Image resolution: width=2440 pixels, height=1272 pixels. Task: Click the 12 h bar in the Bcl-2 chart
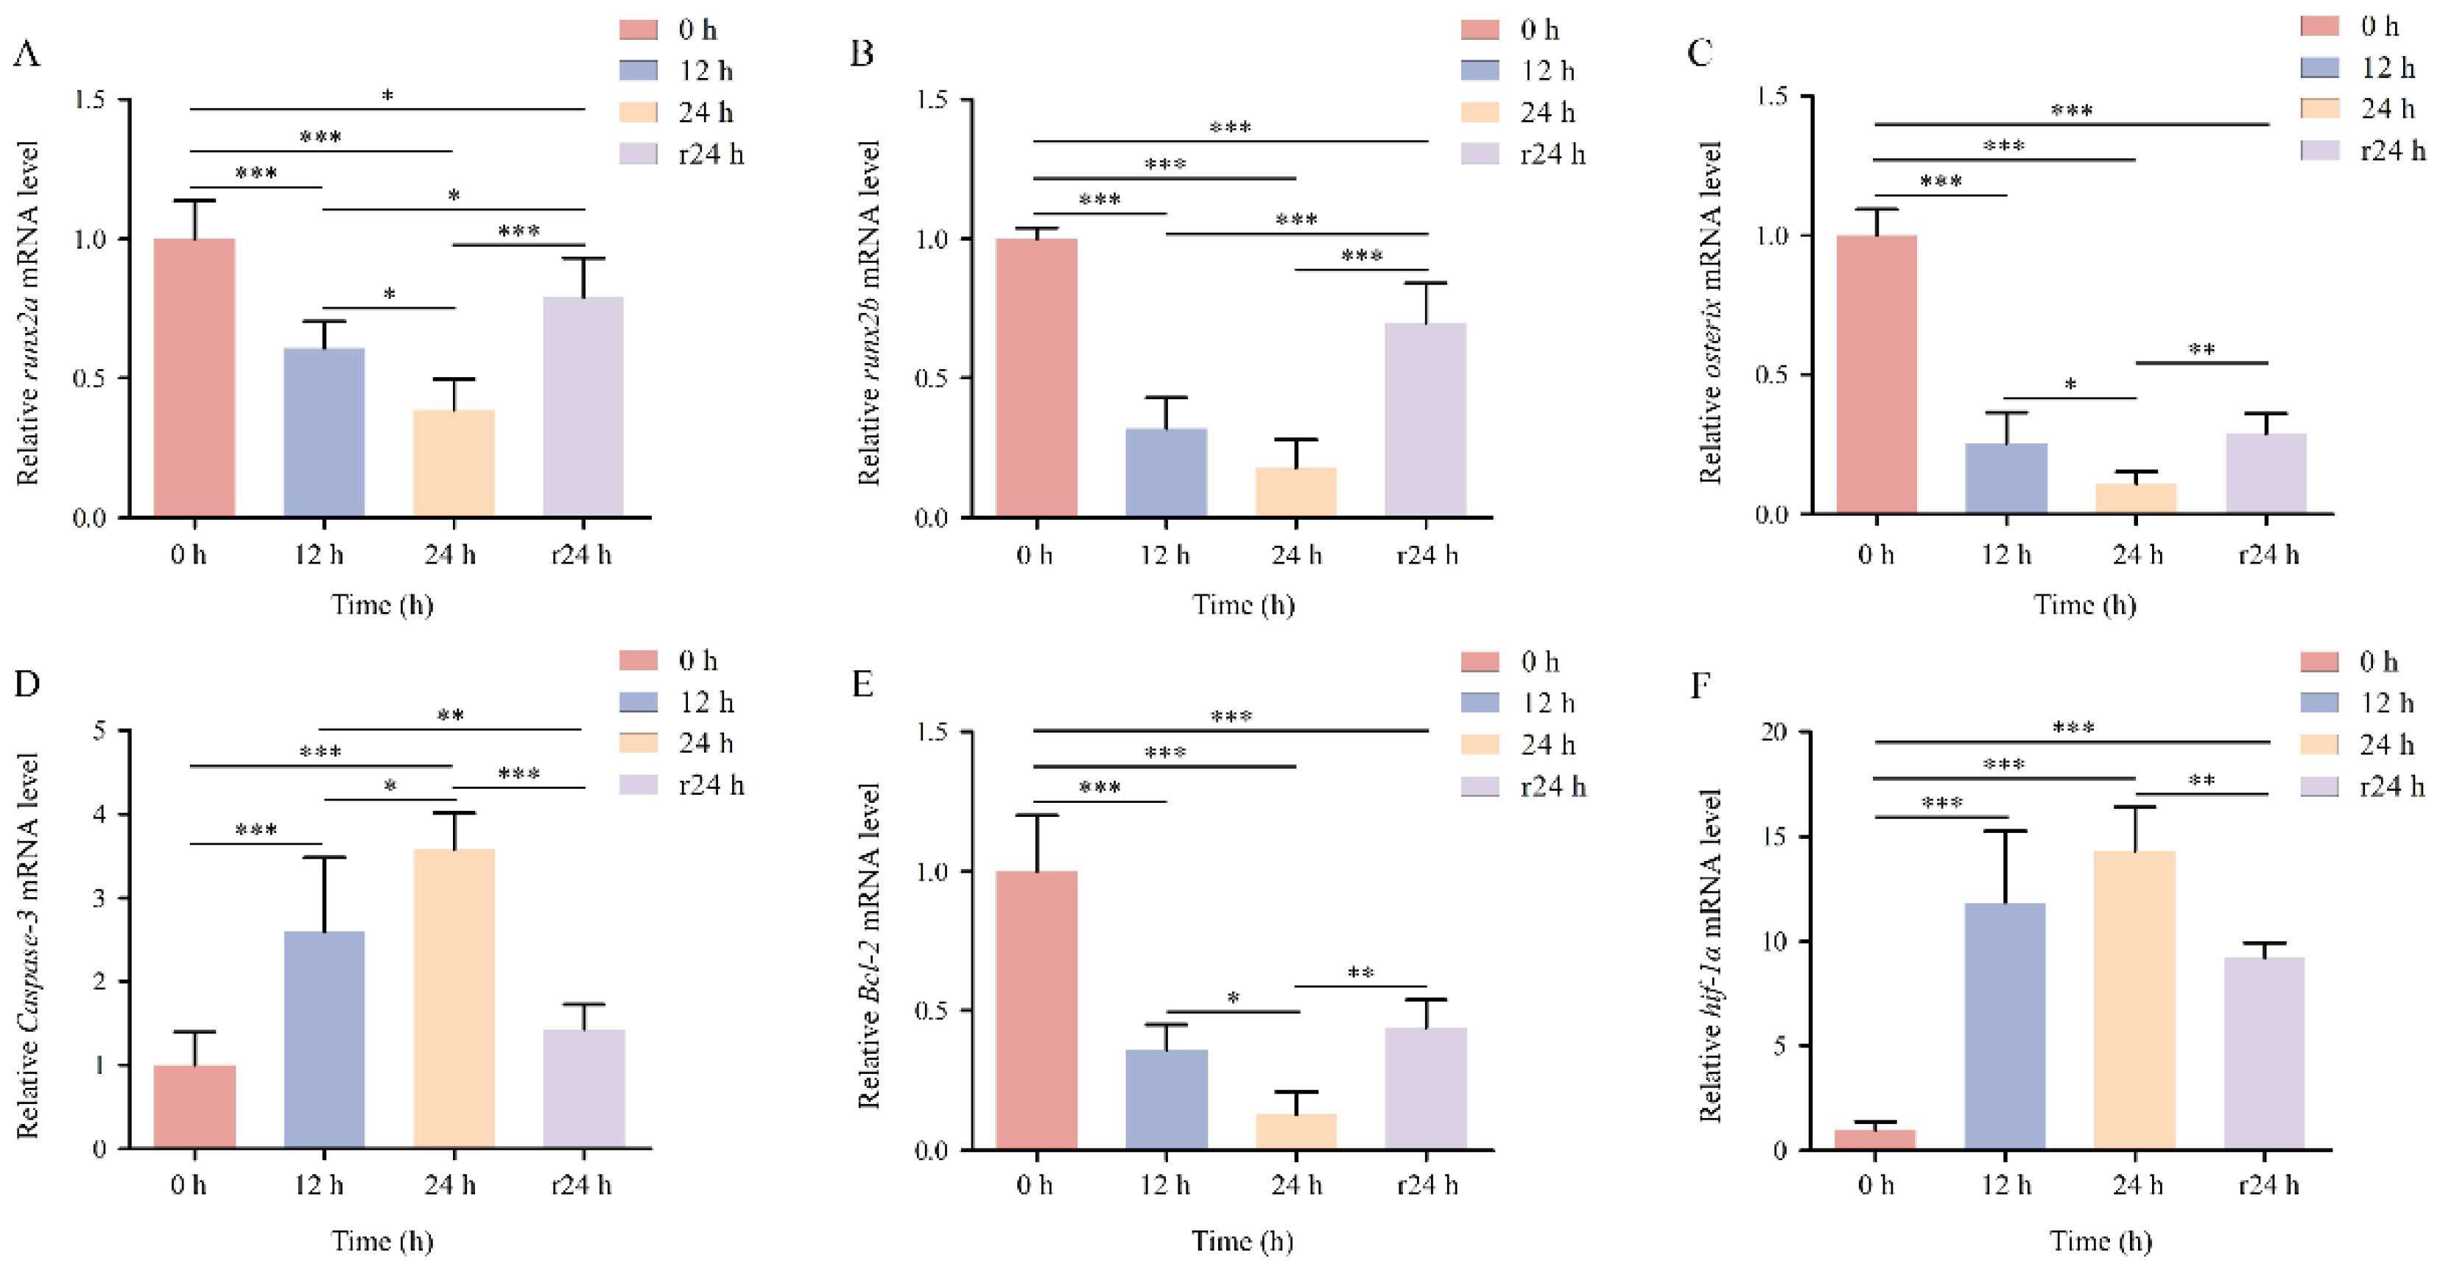pos(1166,1099)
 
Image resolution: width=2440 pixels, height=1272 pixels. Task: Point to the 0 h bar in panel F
pos(1875,1139)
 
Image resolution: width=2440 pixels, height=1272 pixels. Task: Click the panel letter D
pos(27,683)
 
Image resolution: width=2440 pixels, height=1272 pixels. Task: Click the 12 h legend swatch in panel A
pos(639,70)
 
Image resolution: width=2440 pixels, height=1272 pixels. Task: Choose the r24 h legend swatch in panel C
pos(2320,150)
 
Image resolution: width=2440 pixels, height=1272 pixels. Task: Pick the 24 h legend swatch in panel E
pos(1480,745)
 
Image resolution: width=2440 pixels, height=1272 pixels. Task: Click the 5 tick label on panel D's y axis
pos(99,731)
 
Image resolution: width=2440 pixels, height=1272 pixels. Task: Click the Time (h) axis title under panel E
pos(1242,1240)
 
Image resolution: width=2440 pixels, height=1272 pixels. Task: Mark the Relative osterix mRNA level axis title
pos(1711,312)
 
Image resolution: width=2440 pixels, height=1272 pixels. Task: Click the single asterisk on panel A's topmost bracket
pos(387,96)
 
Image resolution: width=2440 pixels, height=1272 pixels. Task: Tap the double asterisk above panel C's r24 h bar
pos(2202,350)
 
